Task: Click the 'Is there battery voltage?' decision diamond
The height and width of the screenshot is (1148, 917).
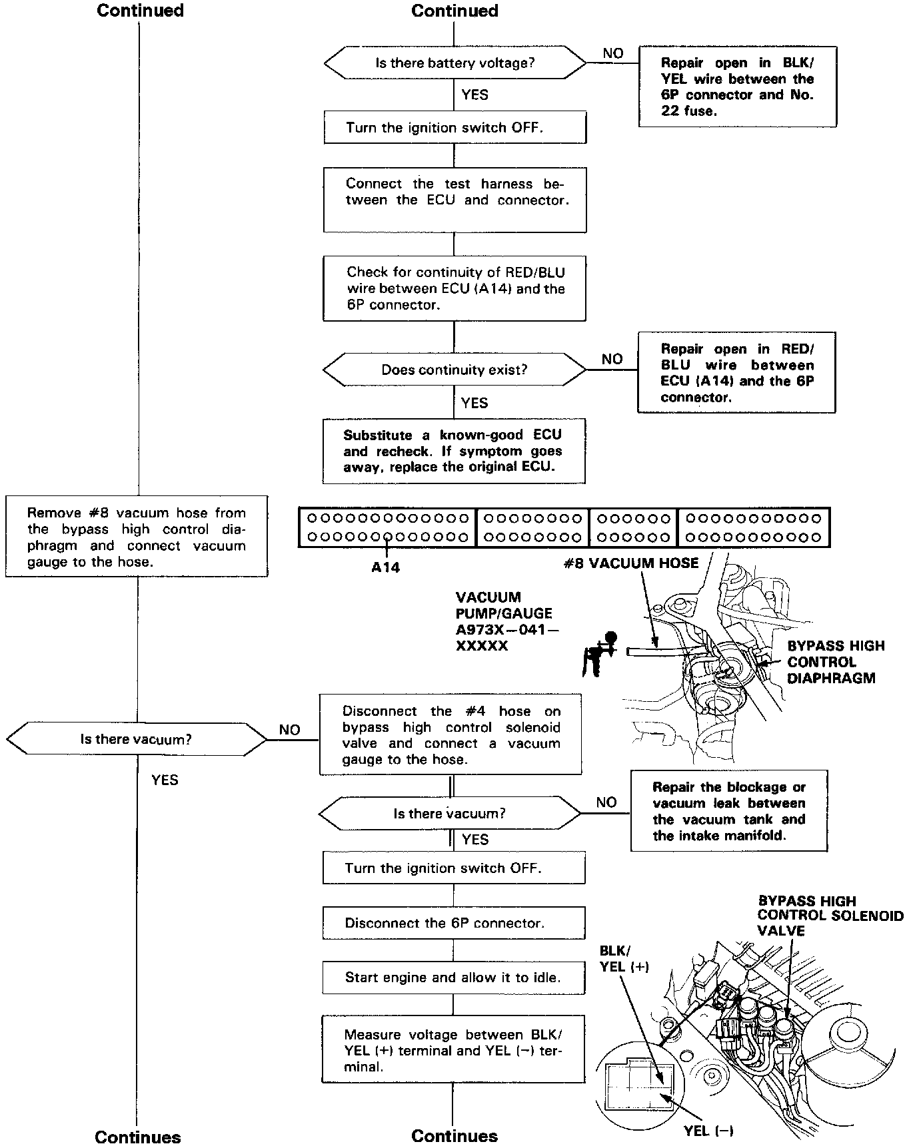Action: coord(455,63)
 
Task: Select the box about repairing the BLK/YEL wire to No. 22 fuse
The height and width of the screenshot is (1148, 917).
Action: coord(737,87)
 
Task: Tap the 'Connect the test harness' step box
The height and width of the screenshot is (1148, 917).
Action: coord(455,199)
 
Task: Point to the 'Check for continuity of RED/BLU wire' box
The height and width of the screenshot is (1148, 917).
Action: coord(455,288)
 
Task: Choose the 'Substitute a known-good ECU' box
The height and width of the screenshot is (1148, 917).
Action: coord(454,451)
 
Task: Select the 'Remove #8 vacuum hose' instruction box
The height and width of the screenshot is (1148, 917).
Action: coord(137,537)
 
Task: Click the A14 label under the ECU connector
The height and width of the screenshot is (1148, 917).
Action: coord(386,567)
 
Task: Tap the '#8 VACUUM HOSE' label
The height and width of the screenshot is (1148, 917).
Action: coord(630,563)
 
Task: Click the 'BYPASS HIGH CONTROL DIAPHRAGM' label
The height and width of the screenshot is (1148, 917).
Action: coord(835,662)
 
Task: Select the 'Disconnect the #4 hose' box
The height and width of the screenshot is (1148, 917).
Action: coord(451,735)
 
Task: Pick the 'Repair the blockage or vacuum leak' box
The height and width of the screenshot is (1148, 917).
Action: coord(729,811)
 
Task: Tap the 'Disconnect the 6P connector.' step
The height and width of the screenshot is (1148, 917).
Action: coord(454,923)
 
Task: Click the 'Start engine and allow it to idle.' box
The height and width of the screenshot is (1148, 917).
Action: coord(453,978)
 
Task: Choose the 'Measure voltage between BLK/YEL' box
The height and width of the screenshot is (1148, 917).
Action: coord(453,1050)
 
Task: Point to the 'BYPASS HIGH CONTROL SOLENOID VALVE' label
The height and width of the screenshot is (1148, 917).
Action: coord(830,916)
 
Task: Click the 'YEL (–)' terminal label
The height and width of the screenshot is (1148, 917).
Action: coord(708,1130)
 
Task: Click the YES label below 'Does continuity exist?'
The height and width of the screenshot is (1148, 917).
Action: coord(474,403)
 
